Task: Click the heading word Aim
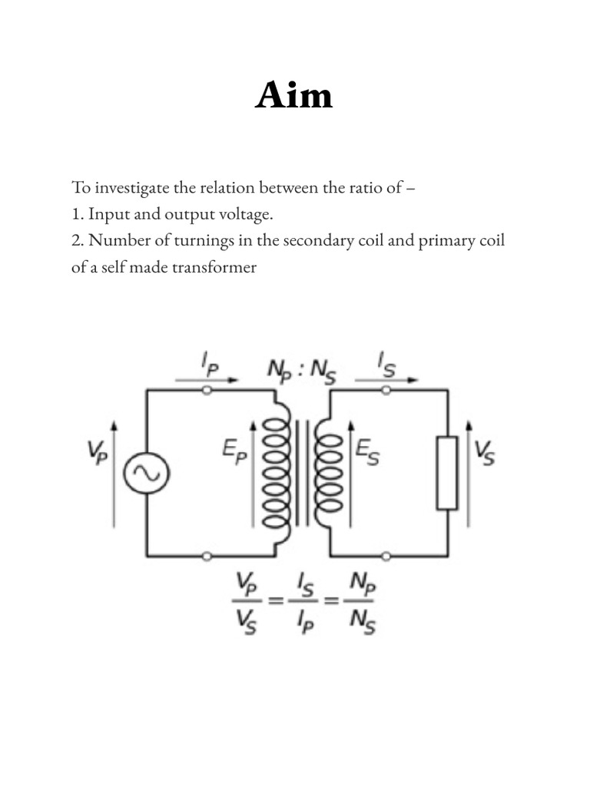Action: [x=294, y=97]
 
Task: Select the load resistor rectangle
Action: [x=447, y=472]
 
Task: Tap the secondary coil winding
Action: [x=328, y=472]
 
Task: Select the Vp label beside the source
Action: [x=98, y=454]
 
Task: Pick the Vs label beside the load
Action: [x=485, y=452]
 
